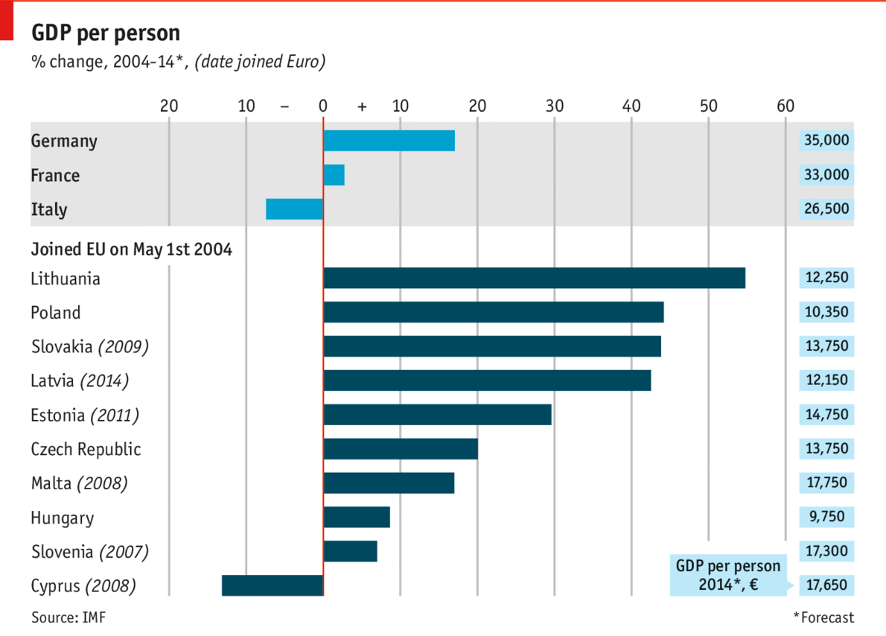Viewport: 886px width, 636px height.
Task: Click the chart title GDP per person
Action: [105, 33]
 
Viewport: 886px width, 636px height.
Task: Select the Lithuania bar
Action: [534, 278]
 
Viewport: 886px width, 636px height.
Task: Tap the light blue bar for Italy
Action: [294, 209]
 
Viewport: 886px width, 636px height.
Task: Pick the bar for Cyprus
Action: [273, 585]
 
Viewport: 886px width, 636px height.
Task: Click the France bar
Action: [334, 175]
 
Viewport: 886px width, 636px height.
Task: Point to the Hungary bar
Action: [357, 517]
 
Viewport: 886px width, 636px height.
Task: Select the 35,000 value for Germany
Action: [826, 141]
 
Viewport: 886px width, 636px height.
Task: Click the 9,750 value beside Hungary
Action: [826, 517]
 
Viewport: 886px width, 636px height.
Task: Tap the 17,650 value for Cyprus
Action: [826, 585]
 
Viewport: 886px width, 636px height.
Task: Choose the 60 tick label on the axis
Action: [785, 106]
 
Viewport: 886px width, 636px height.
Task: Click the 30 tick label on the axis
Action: [554, 106]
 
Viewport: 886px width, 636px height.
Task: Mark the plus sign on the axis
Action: [362, 106]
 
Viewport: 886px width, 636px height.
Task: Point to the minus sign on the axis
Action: [284, 106]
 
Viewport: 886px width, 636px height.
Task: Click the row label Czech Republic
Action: [86, 449]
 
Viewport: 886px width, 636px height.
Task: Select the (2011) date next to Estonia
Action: [115, 415]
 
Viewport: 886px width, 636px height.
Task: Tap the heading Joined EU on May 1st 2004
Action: [131, 249]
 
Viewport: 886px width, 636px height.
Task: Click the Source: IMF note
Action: [64, 617]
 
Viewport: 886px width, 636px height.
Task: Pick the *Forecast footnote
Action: [823, 617]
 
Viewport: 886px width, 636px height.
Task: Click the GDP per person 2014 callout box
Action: [727, 575]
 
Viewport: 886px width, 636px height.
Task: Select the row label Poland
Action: [56, 312]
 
